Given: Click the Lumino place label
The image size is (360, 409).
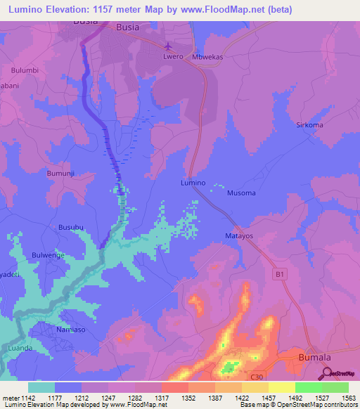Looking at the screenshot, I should click(x=193, y=182).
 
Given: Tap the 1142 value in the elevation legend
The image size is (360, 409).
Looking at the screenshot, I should click(x=28, y=398).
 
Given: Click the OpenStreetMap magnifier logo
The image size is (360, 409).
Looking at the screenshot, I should click(x=327, y=375).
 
